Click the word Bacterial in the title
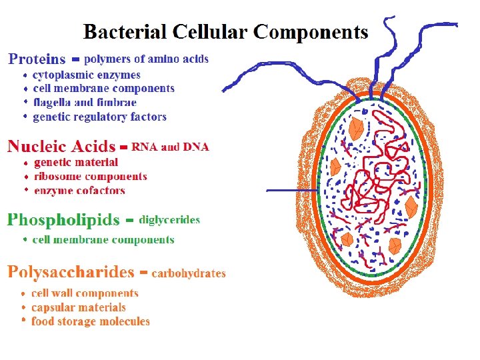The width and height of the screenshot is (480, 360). (x=125, y=32)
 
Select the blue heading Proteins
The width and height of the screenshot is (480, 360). (x=37, y=59)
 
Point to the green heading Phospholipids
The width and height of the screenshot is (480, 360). (x=63, y=219)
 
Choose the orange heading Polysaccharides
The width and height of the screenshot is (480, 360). (x=71, y=272)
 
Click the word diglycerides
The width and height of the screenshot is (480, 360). (x=169, y=220)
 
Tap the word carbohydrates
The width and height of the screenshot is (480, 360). (x=189, y=273)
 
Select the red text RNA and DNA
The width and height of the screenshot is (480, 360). (x=171, y=147)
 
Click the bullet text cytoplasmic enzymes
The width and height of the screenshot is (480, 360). (x=87, y=75)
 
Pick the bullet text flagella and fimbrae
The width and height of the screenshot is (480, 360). (x=85, y=103)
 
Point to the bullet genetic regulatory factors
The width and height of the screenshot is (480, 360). (x=99, y=117)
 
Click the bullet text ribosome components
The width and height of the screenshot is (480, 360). (x=90, y=177)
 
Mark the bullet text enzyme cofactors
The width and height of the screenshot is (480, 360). (x=79, y=191)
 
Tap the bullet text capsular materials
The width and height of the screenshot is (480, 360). (x=79, y=307)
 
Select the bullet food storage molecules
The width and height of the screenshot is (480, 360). (x=91, y=321)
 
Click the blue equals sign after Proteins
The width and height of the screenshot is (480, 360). (x=76, y=59)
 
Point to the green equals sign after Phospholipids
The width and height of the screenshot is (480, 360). (x=130, y=219)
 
